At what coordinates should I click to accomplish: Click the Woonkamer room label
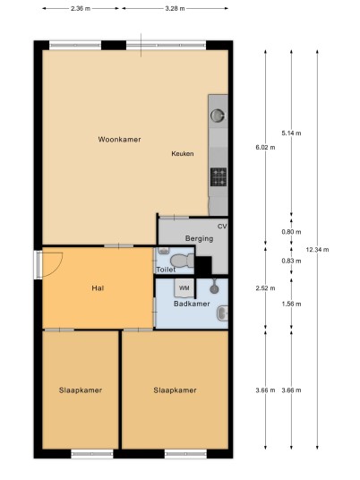(x=119, y=140)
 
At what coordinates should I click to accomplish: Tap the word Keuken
(x=183, y=154)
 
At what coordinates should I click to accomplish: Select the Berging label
(x=200, y=238)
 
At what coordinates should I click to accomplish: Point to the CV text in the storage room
(x=222, y=227)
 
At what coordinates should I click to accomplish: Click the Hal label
(x=98, y=288)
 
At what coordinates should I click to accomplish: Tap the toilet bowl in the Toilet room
(x=182, y=261)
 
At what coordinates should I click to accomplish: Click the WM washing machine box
(x=184, y=287)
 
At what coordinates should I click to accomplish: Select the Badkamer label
(x=192, y=304)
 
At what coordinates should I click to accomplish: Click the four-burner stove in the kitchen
(x=219, y=177)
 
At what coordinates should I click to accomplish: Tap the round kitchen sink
(x=218, y=116)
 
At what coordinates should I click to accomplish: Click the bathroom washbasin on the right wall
(x=223, y=313)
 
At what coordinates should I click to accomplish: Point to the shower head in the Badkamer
(x=214, y=288)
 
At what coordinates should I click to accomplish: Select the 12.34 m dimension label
(x=317, y=250)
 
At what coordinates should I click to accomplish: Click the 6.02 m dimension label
(x=265, y=147)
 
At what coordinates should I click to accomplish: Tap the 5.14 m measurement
(x=291, y=133)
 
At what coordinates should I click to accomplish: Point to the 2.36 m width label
(x=81, y=9)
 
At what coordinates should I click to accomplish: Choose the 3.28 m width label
(x=176, y=9)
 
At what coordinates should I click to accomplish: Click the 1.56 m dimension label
(x=291, y=304)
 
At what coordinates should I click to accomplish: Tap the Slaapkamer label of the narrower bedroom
(x=81, y=390)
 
